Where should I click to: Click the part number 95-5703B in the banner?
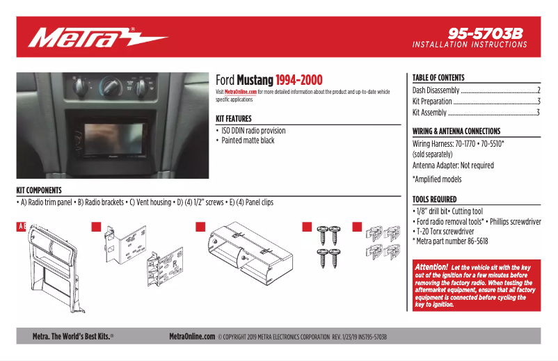click(485, 33)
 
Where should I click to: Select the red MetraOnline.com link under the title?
click(241, 92)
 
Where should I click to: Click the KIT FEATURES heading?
click(234, 119)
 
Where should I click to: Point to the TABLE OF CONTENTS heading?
click(438, 78)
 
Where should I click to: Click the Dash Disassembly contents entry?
click(436, 90)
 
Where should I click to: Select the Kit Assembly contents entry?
click(429, 113)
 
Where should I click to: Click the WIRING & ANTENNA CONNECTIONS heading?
click(456, 131)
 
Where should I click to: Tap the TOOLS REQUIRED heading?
click(435, 200)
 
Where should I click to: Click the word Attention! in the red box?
click(431, 267)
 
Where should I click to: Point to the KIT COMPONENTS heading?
click(39, 190)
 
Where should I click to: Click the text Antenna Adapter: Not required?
click(453, 166)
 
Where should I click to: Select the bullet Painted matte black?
click(248, 141)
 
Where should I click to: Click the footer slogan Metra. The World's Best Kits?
click(73, 337)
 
